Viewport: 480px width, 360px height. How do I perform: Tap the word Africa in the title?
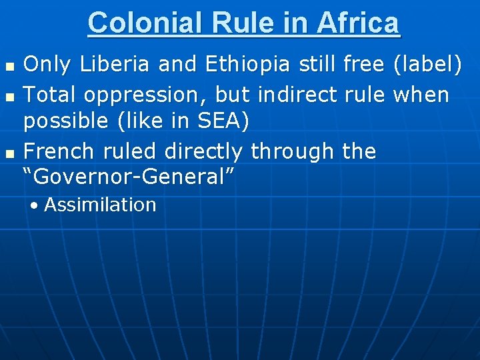[358, 23]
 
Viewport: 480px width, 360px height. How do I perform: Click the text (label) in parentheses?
[427, 65]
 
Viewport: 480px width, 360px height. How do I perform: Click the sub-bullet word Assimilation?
[100, 205]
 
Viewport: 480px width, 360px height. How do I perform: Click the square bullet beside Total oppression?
[9, 97]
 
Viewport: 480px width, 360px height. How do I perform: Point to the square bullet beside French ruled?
[9, 153]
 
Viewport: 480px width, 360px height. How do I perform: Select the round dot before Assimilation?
[34, 205]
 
